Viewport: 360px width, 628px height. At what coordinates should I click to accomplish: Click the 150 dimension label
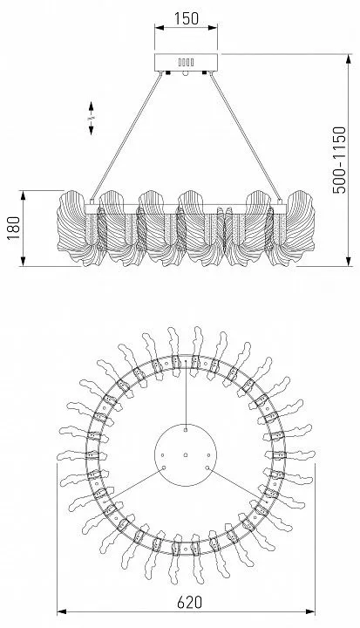tap(187, 18)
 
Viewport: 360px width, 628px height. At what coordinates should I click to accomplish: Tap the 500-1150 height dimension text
tap(339, 160)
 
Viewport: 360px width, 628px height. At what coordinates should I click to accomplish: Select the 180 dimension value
tap(14, 228)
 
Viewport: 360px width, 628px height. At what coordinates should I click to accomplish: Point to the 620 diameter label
tap(189, 603)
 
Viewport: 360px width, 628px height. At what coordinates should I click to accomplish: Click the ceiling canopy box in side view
tap(187, 63)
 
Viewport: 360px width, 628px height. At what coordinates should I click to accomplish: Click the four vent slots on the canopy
tap(187, 62)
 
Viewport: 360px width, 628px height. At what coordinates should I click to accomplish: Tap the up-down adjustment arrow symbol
tap(91, 118)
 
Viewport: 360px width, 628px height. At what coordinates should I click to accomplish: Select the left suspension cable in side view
tap(127, 137)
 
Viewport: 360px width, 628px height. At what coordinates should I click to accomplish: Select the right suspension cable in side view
tap(245, 137)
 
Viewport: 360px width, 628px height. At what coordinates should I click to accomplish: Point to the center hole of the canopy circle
tap(186, 455)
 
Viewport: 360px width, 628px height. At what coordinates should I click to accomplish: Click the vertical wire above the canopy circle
tap(186, 395)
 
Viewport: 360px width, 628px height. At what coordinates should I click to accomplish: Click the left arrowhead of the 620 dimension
tap(61, 611)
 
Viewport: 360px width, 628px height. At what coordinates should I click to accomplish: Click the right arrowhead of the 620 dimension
tap(310, 611)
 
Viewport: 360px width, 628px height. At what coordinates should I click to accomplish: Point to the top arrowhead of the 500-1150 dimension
tap(349, 59)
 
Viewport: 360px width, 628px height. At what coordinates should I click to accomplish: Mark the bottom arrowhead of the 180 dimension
tap(23, 261)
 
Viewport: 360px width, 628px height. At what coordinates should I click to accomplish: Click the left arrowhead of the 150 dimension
tap(160, 28)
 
